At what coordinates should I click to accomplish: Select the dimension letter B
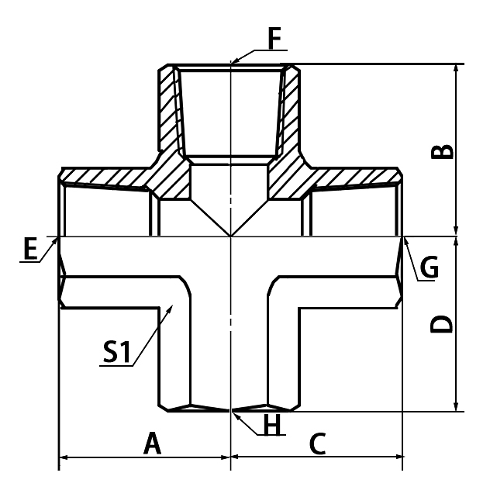click(442, 150)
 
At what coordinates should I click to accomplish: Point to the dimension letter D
click(442, 323)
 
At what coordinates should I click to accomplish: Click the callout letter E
click(30, 250)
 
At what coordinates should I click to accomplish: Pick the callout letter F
click(274, 39)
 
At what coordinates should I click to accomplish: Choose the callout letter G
click(429, 267)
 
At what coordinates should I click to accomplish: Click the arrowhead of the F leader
click(233, 62)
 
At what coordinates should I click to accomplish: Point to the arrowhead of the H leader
click(233, 410)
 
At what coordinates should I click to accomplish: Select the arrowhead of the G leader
click(404, 238)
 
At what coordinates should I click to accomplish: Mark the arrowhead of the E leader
click(58, 237)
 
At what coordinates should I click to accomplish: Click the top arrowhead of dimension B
click(457, 65)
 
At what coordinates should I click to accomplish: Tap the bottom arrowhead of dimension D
click(457, 409)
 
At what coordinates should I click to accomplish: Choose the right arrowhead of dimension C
click(401, 457)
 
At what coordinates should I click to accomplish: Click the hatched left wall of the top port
click(169, 109)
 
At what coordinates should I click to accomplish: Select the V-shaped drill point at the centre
click(231, 225)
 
